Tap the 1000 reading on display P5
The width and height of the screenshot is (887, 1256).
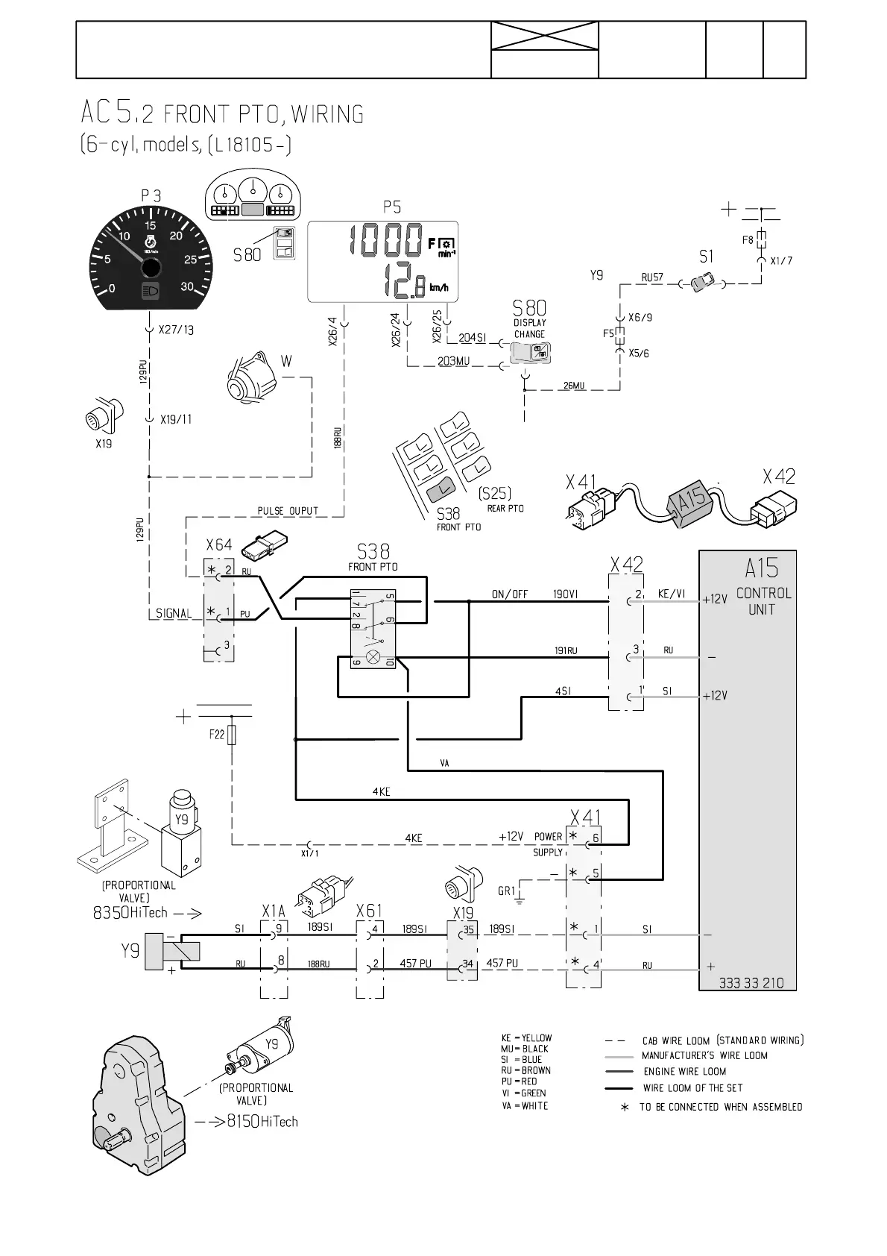click(x=386, y=242)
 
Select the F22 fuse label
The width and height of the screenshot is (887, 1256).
click(x=216, y=735)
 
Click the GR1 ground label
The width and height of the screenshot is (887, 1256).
click(x=507, y=891)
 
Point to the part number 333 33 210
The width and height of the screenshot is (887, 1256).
click(x=751, y=982)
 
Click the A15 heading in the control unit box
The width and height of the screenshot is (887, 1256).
click(x=761, y=569)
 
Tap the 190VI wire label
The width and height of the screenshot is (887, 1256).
click(x=565, y=594)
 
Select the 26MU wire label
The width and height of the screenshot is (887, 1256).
click(x=574, y=386)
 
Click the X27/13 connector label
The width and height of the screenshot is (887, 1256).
click(x=177, y=329)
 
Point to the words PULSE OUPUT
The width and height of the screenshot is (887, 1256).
click(x=288, y=511)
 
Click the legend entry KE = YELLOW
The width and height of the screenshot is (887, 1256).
click(x=526, y=1037)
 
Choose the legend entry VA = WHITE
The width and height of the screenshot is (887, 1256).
click(x=525, y=1105)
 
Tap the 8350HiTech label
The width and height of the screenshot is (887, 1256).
click(x=130, y=912)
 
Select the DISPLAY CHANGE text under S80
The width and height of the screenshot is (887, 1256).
click(x=529, y=329)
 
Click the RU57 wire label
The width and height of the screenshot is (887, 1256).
click(x=652, y=277)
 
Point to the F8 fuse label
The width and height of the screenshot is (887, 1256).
click(x=748, y=240)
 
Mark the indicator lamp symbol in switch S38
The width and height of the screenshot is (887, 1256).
click(x=374, y=657)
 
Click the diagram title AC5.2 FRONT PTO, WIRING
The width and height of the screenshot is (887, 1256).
click(x=222, y=114)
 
